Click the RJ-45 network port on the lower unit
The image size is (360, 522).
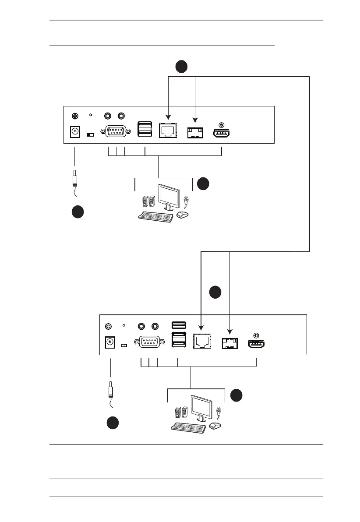tap(201, 341)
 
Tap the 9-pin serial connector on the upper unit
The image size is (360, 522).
tap(115, 131)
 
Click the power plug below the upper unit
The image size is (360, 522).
tap(75, 180)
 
